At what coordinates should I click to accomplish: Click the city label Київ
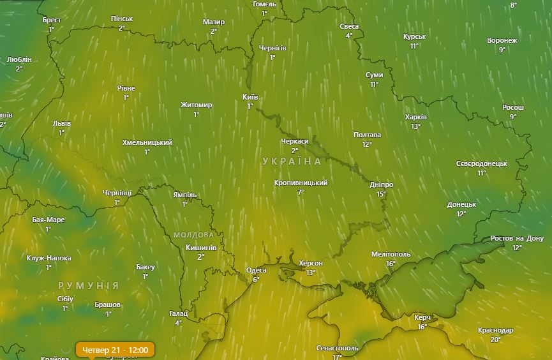[250, 97]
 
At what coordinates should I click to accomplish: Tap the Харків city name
[416, 117]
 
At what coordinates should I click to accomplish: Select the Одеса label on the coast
[257, 270]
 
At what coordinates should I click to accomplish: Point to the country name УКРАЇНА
[292, 161]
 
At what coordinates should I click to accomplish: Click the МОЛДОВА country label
[194, 235]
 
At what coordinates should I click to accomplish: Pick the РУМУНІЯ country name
[88, 285]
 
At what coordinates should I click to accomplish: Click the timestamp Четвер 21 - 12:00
[116, 350]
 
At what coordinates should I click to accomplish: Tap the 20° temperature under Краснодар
[496, 340]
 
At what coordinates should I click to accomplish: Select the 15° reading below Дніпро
[382, 194]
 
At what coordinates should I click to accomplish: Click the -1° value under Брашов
[108, 314]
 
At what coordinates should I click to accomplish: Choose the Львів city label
[62, 123]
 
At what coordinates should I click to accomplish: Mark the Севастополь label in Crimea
[338, 348]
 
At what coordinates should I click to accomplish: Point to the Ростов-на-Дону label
[516, 239]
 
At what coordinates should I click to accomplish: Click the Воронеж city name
[502, 40]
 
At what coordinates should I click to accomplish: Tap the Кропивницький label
[301, 183]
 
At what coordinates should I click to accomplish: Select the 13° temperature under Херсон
[311, 273]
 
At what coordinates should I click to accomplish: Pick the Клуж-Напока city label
[49, 259]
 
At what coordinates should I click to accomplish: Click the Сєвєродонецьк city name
[482, 163]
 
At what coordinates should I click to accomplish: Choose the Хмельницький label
[147, 142]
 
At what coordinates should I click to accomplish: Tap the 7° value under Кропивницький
[301, 192]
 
